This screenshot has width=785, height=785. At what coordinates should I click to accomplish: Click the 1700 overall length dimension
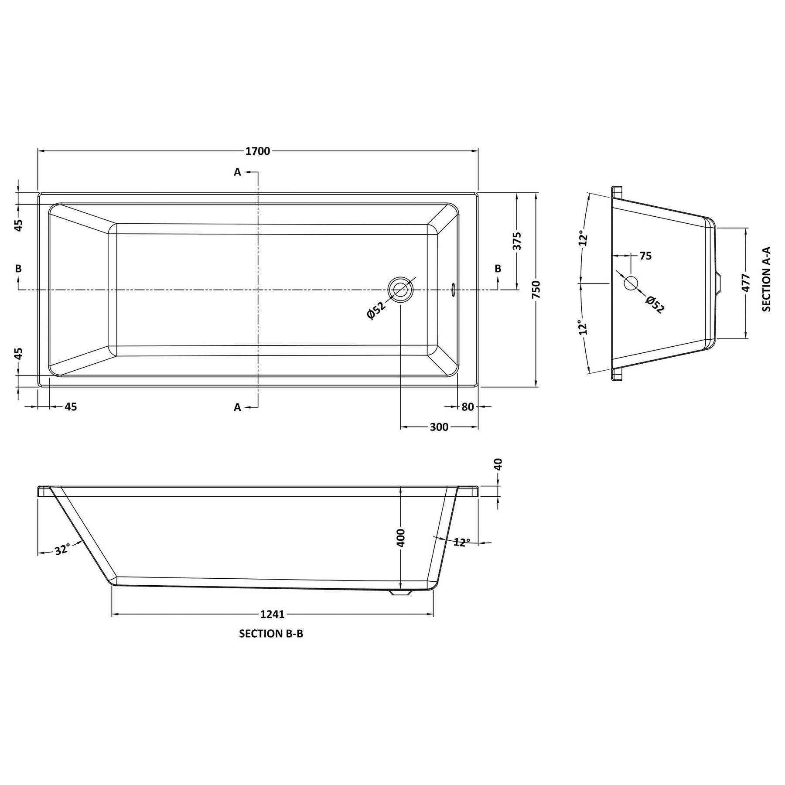pos(258,151)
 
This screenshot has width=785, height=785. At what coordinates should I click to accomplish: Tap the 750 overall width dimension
pos(536,290)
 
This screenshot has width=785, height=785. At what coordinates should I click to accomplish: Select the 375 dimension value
pos(517,241)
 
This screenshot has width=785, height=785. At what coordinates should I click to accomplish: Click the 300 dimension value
pos(439,427)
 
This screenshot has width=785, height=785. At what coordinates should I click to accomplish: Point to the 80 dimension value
pos(468,407)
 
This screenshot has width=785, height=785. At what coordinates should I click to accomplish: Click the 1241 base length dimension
pos(273,614)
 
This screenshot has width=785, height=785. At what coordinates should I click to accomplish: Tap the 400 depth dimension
pos(401,537)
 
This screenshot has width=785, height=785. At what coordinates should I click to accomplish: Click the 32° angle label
pos(62,549)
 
